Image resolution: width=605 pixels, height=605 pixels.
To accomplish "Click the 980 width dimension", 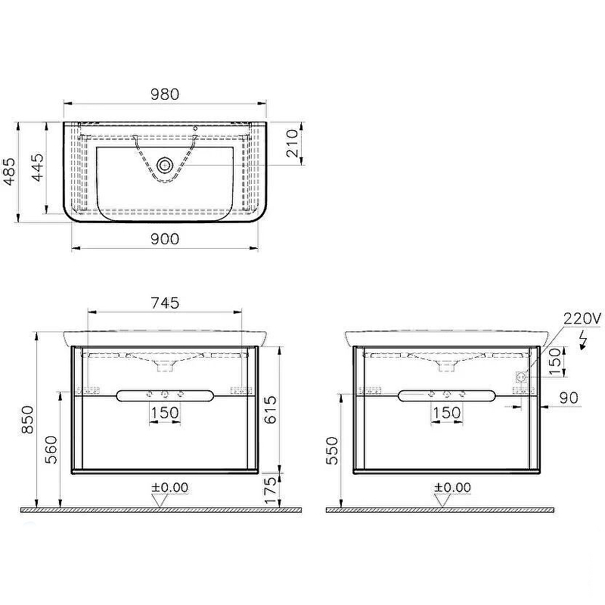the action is [165, 94].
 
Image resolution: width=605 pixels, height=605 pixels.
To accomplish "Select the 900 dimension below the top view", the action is [165, 239].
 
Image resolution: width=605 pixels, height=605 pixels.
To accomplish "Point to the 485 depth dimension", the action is [9, 172].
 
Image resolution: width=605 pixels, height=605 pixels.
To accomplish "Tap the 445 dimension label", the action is [37, 167].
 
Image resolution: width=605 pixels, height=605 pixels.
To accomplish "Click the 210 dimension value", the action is [292, 143].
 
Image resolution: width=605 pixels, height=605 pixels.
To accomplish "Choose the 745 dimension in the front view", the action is [165, 303].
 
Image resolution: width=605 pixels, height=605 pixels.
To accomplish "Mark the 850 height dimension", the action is [27, 420].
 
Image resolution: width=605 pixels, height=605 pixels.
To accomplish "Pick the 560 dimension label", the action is [51, 450].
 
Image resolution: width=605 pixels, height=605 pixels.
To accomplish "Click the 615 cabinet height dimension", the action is [270, 410].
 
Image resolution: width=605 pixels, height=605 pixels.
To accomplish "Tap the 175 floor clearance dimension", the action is [270, 490].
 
